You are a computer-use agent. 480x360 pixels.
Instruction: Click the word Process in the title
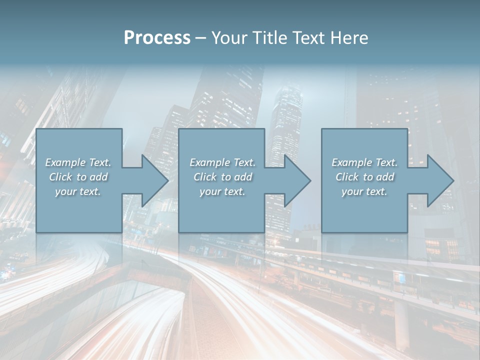tap(157, 38)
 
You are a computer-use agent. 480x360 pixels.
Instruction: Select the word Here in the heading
tap(350, 38)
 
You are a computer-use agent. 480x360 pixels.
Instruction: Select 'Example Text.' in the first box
tap(78, 162)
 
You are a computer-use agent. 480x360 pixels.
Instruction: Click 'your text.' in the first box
tap(78, 191)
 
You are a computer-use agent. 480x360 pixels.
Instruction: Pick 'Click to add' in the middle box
tap(222, 177)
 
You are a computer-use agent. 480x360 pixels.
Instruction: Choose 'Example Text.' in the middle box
tap(222, 162)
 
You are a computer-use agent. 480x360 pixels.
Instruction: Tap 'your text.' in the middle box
tap(222, 191)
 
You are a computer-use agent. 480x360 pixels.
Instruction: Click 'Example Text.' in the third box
tap(364, 162)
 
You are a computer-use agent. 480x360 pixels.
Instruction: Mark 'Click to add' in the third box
tap(364, 177)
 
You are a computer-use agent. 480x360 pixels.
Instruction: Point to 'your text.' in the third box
tap(364, 191)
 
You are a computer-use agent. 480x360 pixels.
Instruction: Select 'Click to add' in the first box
tap(78, 177)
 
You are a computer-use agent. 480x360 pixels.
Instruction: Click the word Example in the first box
tap(65, 162)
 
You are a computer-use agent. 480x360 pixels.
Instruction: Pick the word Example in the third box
tap(351, 162)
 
